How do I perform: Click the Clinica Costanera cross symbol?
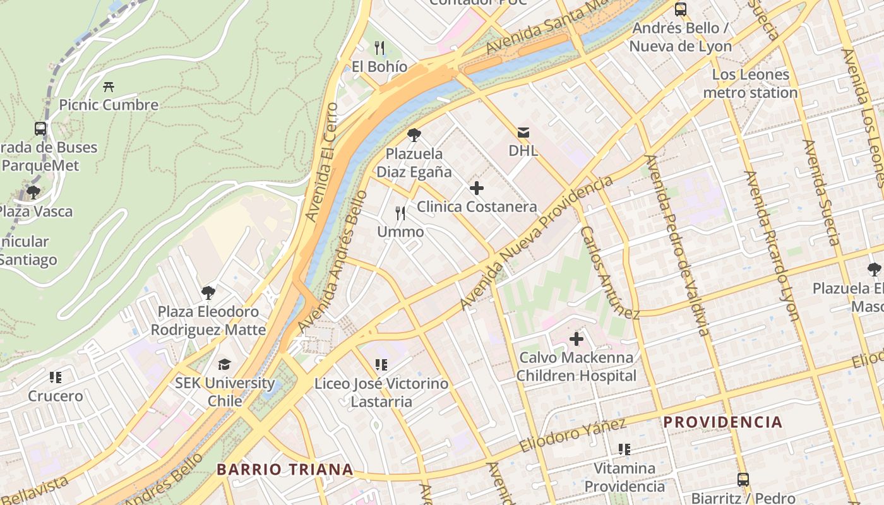[x=477, y=188]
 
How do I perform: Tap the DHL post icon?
[x=523, y=133]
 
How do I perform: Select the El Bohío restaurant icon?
[x=379, y=48]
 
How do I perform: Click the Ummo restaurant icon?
[x=400, y=213]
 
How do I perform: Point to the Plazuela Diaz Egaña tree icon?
[x=414, y=134]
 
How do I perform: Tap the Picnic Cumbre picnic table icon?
[x=109, y=86]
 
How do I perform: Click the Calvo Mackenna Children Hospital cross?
[x=576, y=339]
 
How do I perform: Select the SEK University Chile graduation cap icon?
[x=225, y=364]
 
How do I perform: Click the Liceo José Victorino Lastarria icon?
[x=381, y=364]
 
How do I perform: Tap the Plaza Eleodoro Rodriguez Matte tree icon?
[x=208, y=292]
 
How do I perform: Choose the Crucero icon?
[x=56, y=377]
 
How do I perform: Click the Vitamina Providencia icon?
[x=624, y=449]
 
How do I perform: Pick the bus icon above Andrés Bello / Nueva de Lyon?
[x=680, y=9]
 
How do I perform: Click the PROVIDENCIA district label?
[x=722, y=422]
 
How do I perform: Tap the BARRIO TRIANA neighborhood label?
[x=284, y=470]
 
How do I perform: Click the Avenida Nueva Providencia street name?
[x=537, y=243]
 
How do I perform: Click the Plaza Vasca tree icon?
[x=33, y=192]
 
